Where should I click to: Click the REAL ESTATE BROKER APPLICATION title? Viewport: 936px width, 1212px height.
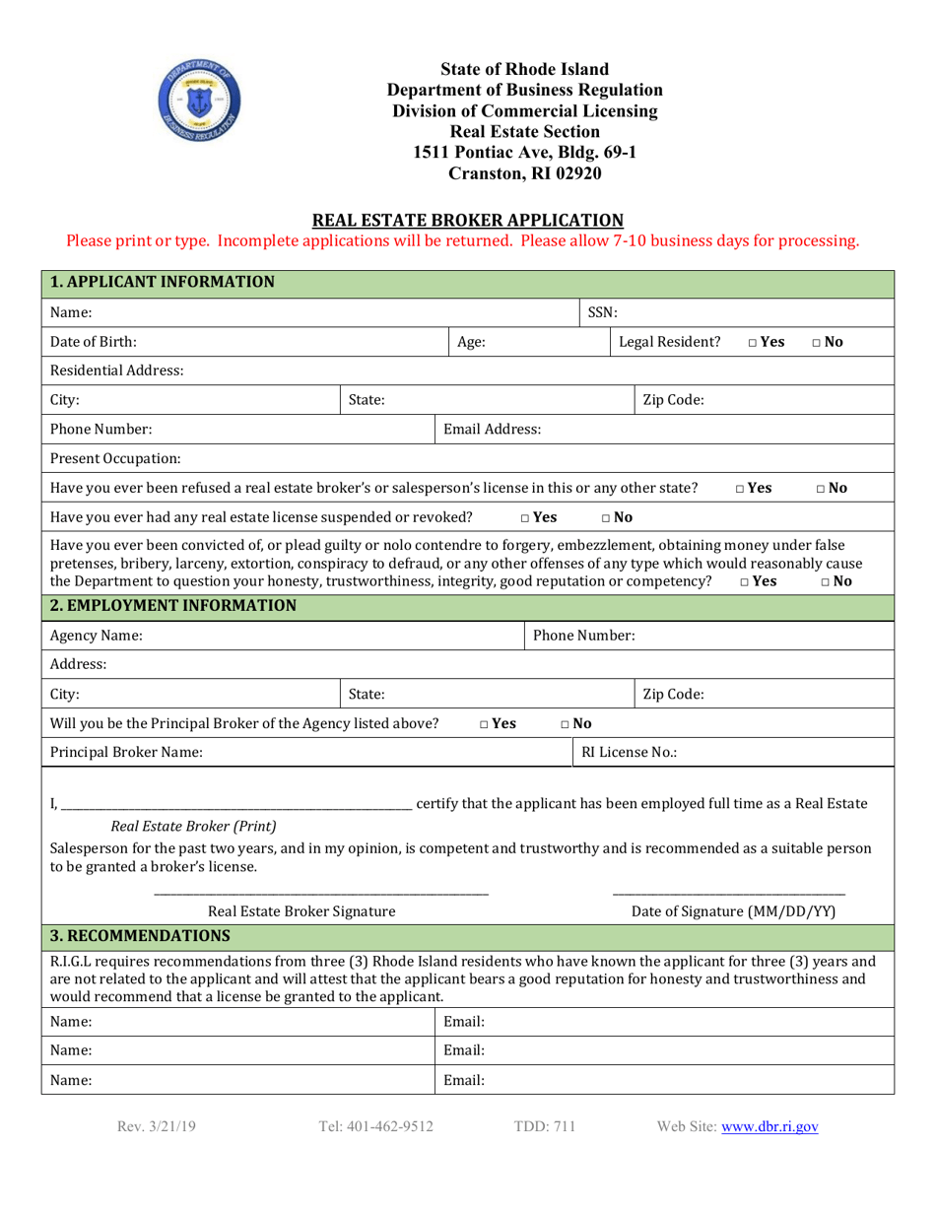pos(467,220)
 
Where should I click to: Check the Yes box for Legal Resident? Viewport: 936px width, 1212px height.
pos(753,343)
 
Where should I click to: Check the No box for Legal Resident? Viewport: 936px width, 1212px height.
pos(818,343)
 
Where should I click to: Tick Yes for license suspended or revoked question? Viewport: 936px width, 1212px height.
pos(526,516)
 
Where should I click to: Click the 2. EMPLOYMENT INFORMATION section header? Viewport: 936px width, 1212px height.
pos(173,605)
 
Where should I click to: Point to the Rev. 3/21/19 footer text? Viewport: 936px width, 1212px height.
pos(156,1126)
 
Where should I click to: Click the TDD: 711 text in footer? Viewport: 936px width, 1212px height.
pos(545,1126)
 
